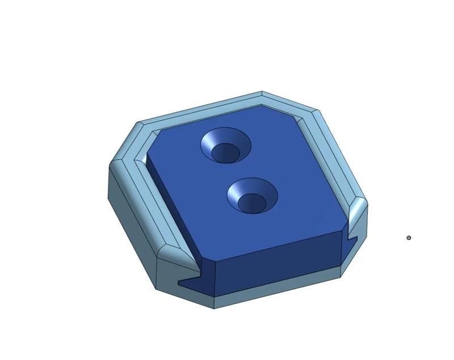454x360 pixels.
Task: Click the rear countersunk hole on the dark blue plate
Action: click(x=225, y=145)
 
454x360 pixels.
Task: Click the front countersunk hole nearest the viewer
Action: click(x=253, y=196)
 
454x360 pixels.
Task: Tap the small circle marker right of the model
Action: click(x=409, y=238)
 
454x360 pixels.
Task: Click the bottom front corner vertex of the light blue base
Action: click(x=214, y=308)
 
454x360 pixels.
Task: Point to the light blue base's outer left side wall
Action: click(x=131, y=227)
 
